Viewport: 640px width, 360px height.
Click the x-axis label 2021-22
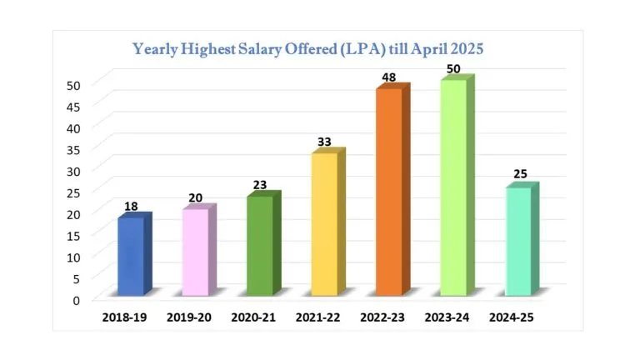click(x=321, y=317)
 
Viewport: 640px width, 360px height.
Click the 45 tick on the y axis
click(x=73, y=106)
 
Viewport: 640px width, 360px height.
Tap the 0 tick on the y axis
click(x=77, y=300)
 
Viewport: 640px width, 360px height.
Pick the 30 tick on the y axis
click(x=73, y=171)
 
